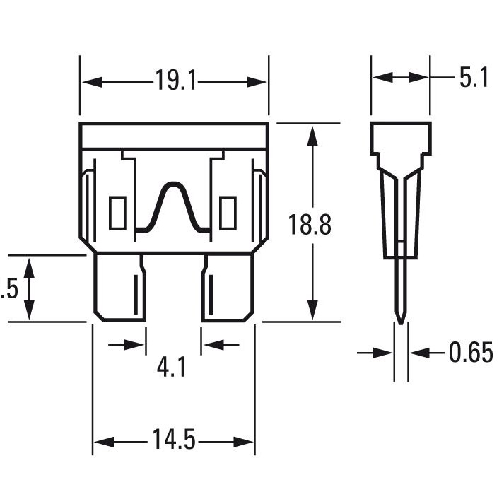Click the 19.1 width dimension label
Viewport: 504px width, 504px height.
point(175,81)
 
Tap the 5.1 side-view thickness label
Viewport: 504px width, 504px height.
point(473,77)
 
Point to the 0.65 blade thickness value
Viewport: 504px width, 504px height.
point(471,352)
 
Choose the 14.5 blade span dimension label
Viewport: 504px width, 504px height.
point(172,441)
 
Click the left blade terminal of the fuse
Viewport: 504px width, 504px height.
point(120,288)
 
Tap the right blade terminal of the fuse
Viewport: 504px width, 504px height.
point(228,288)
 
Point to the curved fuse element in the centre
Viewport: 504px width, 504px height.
point(173,205)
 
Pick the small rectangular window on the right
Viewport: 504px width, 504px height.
point(228,213)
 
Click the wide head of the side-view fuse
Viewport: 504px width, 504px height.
point(401,137)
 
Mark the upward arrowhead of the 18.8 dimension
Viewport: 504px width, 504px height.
point(311,131)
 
